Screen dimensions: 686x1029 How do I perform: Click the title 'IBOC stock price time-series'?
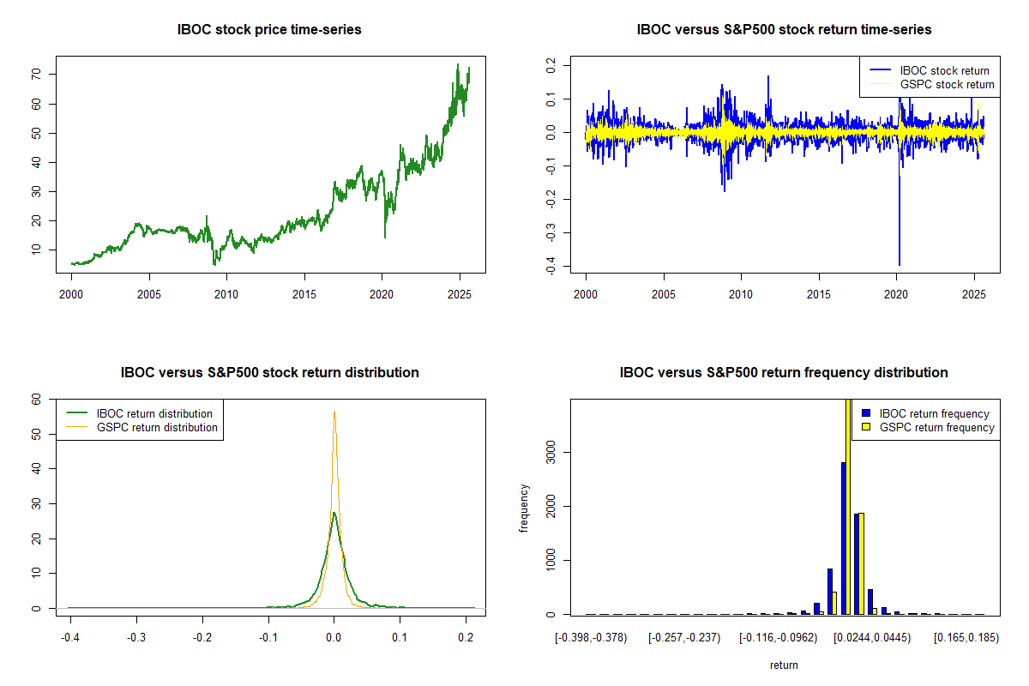pos(269,30)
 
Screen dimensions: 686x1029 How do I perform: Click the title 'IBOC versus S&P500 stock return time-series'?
pos(784,30)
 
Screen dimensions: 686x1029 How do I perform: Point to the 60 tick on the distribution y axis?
pos(36,399)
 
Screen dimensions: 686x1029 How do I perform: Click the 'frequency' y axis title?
pos(525,508)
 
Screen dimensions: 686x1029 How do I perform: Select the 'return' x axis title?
pos(784,665)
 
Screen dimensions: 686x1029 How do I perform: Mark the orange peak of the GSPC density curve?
pos(334,412)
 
